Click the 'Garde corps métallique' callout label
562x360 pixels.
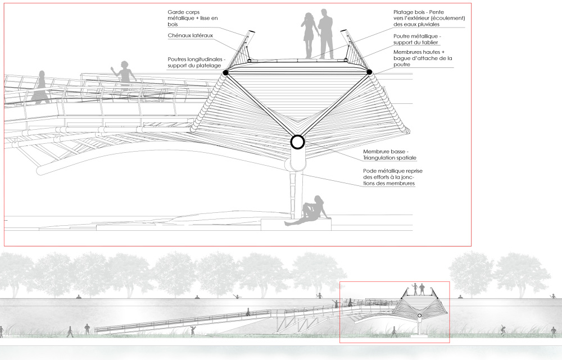tap(192, 19)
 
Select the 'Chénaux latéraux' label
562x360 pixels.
tap(191, 35)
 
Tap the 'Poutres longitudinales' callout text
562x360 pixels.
tap(196, 62)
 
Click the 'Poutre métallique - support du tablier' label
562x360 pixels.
tap(417, 39)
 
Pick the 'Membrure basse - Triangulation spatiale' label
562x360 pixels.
tap(389, 155)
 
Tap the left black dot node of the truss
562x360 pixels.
tap(225, 72)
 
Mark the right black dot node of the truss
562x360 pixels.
tap(369, 72)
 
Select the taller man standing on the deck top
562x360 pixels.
tap(326, 34)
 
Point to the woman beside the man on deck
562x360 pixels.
tap(309, 35)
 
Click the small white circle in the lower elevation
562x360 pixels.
tap(420, 316)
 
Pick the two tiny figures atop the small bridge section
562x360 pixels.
tap(419, 289)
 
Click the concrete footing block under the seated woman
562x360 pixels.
tap(296, 224)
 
